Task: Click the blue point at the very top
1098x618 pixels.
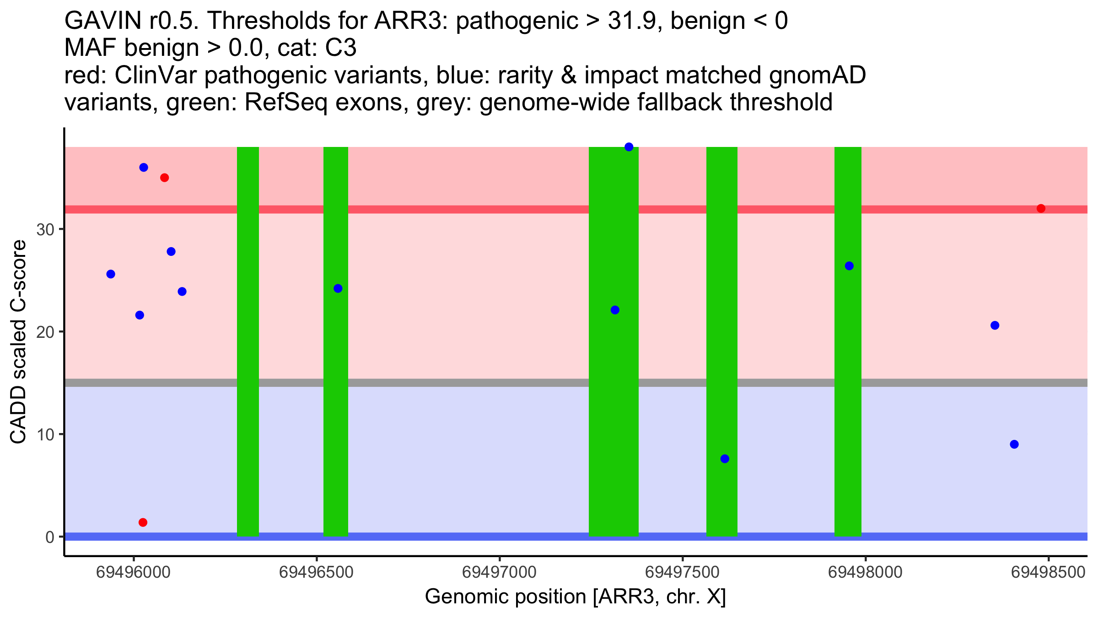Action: pyautogui.click(x=629, y=147)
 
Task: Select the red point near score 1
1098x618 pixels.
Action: pyautogui.click(x=143, y=522)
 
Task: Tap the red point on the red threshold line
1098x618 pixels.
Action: pyautogui.click(x=1041, y=209)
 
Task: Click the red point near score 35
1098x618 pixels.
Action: pyautogui.click(x=164, y=178)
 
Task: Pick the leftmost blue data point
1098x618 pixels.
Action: pyautogui.click(x=111, y=274)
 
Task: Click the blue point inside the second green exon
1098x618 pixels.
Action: pyautogui.click(x=338, y=288)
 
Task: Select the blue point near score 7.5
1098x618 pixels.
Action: pyautogui.click(x=725, y=459)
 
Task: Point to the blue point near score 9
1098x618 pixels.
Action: pyautogui.click(x=1014, y=445)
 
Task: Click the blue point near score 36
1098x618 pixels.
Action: pyautogui.click(x=144, y=168)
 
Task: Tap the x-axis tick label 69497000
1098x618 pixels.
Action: pyautogui.click(x=499, y=572)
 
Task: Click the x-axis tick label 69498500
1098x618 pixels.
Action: pyautogui.click(x=1048, y=572)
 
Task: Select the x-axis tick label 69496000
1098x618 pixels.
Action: pyautogui.click(x=133, y=572)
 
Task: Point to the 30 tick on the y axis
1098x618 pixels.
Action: pyautogui.click(x=45, y=230)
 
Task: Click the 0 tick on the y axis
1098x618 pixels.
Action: pyautogui.click(x=50, y=537)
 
